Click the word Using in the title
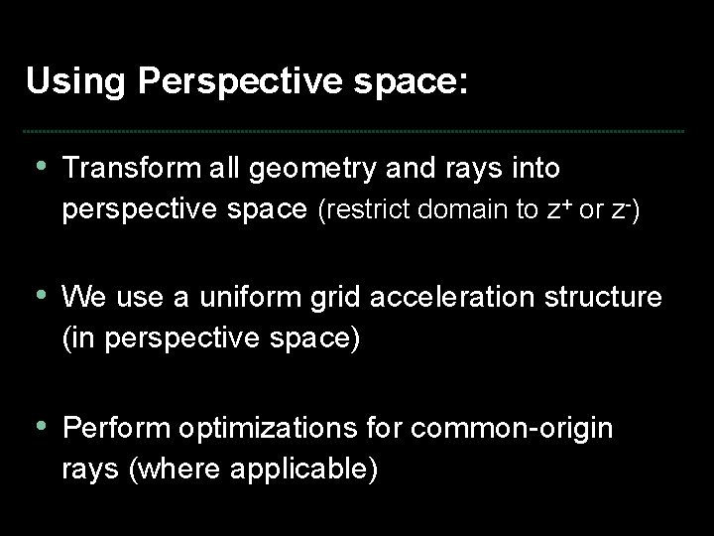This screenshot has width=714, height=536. pyautogui.click(x=77, y=81)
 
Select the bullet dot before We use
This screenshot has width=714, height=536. pyautogui.click(x=40, y=295)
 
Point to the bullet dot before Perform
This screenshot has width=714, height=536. pyautogui.click(x=40, y=426)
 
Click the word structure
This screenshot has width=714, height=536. pyautogui.click(x=606, y=298)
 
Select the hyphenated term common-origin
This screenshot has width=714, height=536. pyautogui.click(x=512, y=430)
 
